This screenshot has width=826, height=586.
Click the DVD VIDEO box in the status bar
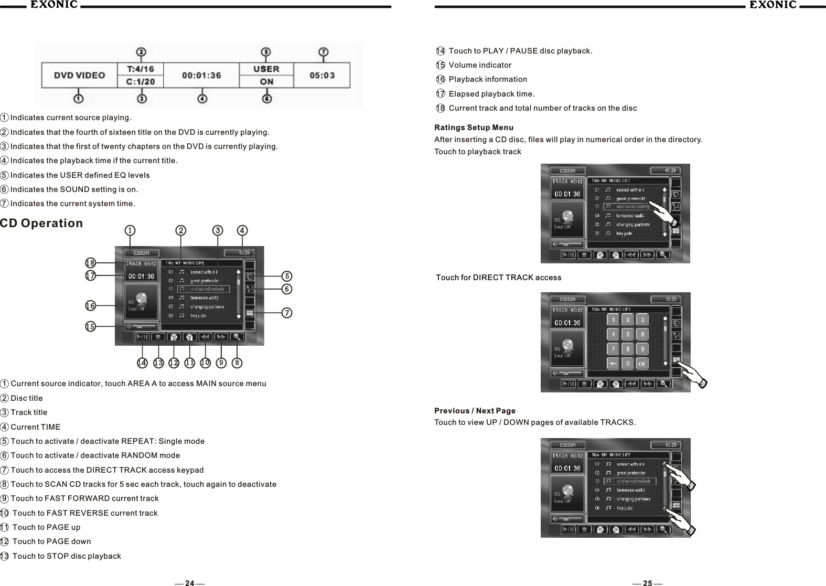click(80, 76)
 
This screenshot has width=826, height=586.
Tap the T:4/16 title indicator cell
click(141, 69)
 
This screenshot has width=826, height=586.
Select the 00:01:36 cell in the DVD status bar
click(201, 76)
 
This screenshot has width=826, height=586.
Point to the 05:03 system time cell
click(322, 76)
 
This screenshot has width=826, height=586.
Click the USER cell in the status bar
click(266, 69)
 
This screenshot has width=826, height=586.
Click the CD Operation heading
click(42, 223)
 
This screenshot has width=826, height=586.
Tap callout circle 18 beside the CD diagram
click(90, 262)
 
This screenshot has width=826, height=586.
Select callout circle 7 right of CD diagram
click(287, 313)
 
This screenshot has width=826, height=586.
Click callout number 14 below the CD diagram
click(142, 363)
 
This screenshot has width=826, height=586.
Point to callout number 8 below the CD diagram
click(238, 363)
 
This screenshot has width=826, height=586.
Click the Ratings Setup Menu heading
click(474, 128)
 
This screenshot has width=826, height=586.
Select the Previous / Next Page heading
click(475, 411)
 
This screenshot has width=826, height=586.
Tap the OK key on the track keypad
click(642, 364)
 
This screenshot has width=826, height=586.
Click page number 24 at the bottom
click(190, 583)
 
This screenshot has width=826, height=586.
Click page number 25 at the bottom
click(648, 583)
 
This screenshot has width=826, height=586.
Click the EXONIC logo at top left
click(53, 5)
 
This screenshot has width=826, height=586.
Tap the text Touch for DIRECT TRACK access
click(499, 278)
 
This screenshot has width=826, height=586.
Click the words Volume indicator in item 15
click(480, 65)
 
